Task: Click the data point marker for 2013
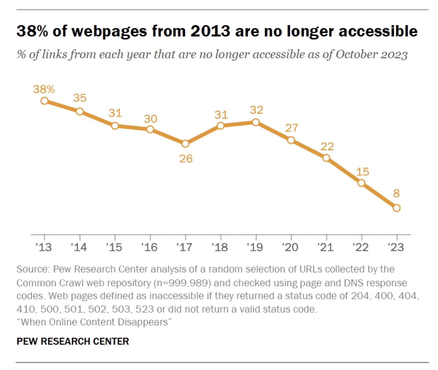pos(44,101)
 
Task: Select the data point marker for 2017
pos(185,144)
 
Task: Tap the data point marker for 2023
pos(396,208)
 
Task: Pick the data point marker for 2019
pos(256,122)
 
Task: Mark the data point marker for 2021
pos(326,158)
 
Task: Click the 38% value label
pos(44,89)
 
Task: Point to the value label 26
pos(186,159)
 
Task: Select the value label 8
pos(396,193)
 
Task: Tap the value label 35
pos(80,98)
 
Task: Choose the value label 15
pos(362,172)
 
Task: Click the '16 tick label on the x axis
pos(149,247)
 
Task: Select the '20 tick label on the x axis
pos(290,247)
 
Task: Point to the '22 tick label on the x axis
pos(360,247)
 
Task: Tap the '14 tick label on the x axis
pos(79,247)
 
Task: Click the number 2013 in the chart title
pos(211,31)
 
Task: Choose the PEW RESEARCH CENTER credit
pos(73,341)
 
